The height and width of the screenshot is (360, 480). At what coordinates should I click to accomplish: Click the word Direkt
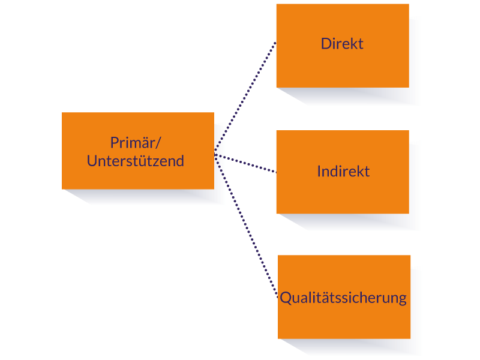pos(342,44)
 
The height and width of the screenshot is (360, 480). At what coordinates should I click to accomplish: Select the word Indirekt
pos(343,172)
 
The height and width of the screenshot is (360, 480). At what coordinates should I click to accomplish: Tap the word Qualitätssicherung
pos(343,298)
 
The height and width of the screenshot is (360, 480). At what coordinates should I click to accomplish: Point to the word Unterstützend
pos(136,161)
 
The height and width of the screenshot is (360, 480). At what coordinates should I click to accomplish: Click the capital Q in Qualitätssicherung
pos(286,298)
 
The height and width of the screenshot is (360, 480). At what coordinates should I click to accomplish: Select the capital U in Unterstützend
pos(92,161)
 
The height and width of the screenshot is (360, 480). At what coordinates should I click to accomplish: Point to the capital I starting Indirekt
pos(319,172)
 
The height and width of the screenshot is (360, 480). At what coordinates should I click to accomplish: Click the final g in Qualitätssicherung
pos(402,299)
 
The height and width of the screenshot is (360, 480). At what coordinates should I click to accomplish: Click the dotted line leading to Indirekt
pos(246,164)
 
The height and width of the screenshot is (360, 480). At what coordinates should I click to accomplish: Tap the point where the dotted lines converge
pos(215,155)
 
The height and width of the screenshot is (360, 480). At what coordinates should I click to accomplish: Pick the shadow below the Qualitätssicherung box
pos(360,347)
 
